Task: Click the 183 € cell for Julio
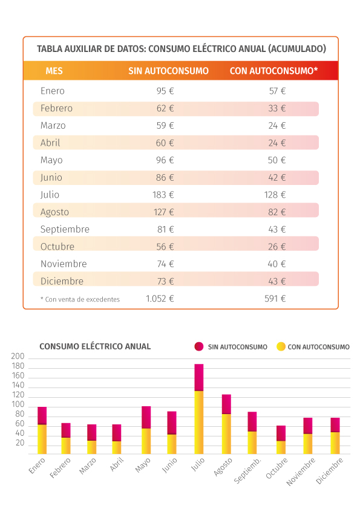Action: tap(163, 195)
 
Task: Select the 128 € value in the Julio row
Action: tap(275, 195)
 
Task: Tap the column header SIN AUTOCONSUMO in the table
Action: tap(168, 71)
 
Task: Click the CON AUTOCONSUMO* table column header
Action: tap(273, 71)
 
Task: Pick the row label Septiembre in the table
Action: tap(65, 230)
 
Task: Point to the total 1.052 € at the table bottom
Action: tap(160, 299)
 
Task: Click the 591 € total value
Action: tap(275, 299)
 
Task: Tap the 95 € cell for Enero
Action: tap(165, 91)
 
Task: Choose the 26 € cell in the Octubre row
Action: tap(277, 247)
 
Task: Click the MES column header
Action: tap(54, 71)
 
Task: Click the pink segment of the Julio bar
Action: tap(199, 378)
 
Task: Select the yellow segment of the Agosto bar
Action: tap(226, 434)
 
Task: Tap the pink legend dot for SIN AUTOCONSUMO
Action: tap(199, 347)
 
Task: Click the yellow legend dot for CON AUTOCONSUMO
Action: tap(281, 347)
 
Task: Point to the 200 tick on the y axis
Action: tap(18, 357)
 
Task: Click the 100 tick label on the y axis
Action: tap(18, 404)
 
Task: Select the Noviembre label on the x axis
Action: tap(301, 472)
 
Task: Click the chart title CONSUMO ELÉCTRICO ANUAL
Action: tap(95, 346)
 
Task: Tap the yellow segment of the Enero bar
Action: tap(42, 439)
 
